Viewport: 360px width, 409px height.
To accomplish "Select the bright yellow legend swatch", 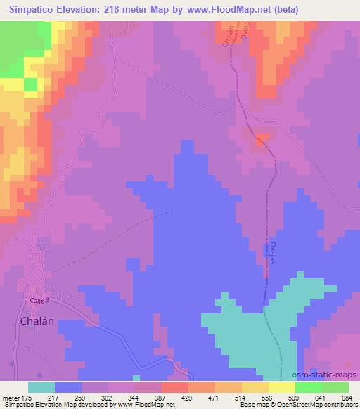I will (281, 387).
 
